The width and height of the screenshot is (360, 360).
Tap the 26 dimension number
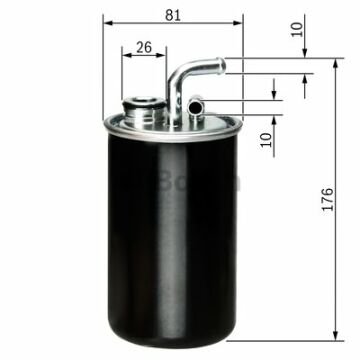pyautogui.click(x=144, y=46)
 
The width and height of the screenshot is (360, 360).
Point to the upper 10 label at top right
pyautogui.click(x=297, y=29)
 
